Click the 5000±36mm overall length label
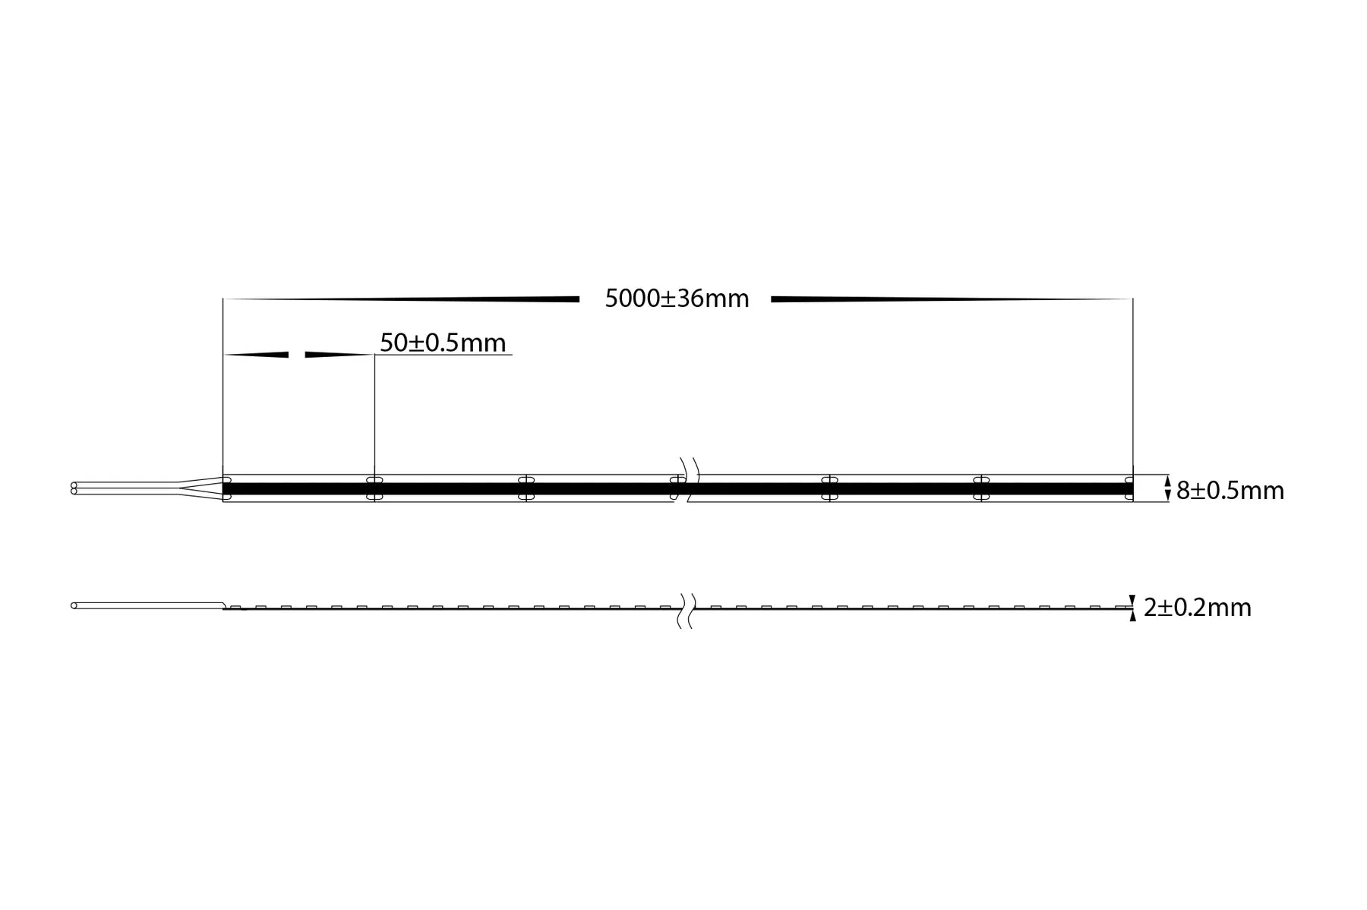pyautogui.click(x=677, y=299)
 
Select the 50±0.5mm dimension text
pyautogui.click(x=443, y=343)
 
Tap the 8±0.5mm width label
pyautogui.click(x=1230, y=491)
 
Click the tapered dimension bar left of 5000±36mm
pyautogui.click(x=401, y=299)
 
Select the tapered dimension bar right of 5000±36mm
pyautogui.click(x=952, y=299)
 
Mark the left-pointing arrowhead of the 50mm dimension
pyautogui.click(x=256, y=354)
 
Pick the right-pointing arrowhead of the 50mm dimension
pyautogui.click(x=339, y=354)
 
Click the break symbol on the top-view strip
pyautogui.click(x=687, y=479)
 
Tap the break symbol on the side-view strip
pyautogui.click(x=687, y=611)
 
